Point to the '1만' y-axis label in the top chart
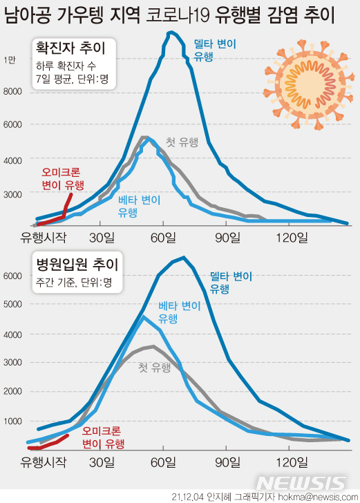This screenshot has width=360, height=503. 11,60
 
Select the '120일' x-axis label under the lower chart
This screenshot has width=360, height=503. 292,461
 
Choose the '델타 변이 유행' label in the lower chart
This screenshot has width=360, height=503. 231,282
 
